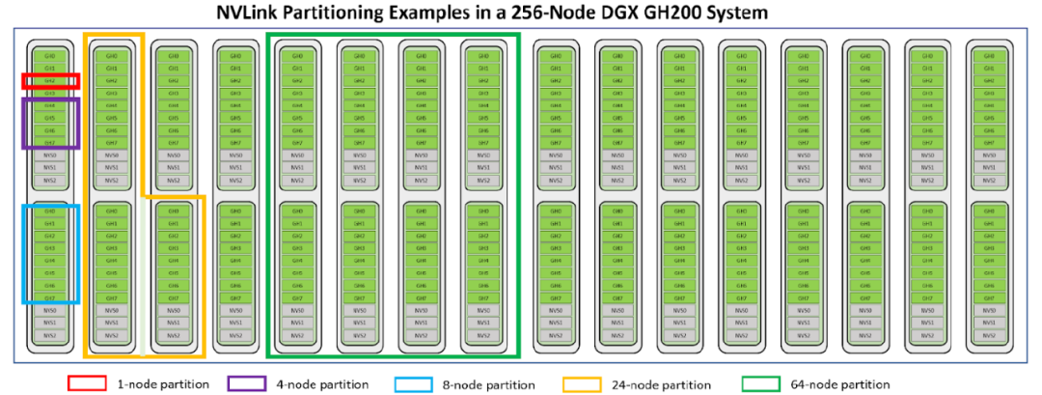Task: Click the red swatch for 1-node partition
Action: click(x=86, y=384)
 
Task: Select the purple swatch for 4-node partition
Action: click(x=247, y=384)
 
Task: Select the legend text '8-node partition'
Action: click(x=488, y=384)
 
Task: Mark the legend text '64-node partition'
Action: click(x=838, y=384)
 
